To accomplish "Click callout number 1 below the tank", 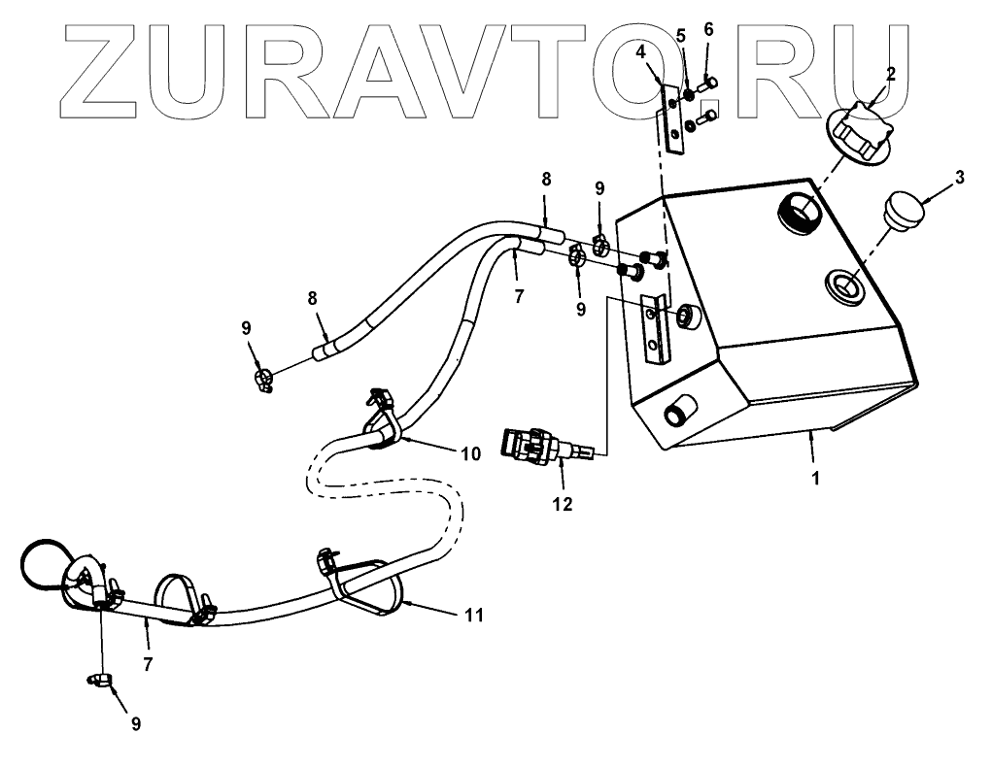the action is [816, 479].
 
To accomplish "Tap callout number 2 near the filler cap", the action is [891, 73].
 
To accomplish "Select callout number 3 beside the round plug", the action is [960, 178].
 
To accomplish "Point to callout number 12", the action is [563, 504].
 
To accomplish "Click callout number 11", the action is [473, 615].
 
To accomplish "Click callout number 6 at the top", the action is [708, 30].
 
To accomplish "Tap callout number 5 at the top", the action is [681, 36].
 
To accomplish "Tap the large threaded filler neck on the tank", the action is [801, 211].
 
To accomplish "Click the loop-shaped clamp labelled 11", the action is [369, 587].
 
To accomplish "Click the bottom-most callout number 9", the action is [135, 723].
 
